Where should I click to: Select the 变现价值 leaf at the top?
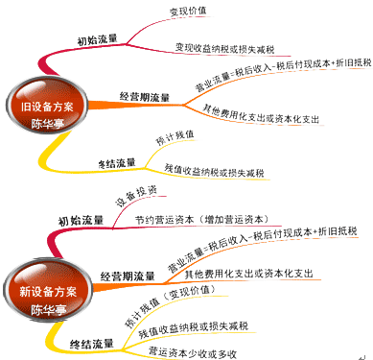191,12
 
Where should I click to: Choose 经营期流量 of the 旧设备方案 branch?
145,96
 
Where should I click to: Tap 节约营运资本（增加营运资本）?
226,219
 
